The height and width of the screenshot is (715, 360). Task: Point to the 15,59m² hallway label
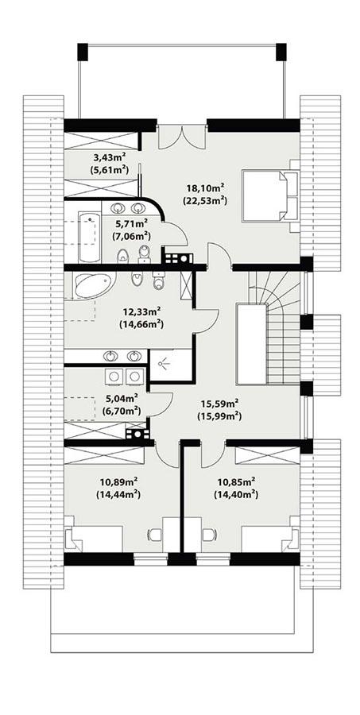[219, 404]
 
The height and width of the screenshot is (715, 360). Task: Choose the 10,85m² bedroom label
[234, 481]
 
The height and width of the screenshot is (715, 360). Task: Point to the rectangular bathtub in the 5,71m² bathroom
[87, 226]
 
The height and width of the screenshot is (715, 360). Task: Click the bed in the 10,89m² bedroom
[94, 539]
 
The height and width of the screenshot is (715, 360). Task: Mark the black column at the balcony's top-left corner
[83, 52]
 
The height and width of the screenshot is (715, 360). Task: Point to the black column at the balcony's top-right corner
[281, 52]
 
